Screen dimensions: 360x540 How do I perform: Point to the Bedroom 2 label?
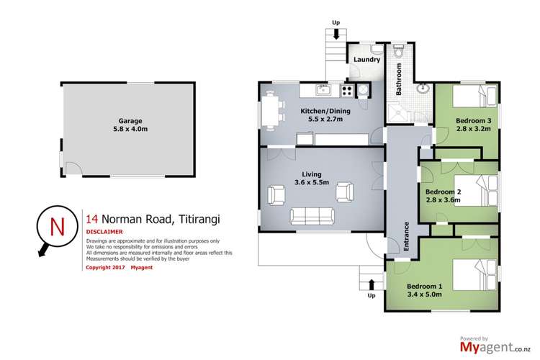(x=443, y=192)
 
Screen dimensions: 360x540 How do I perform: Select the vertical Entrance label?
(x=407, y=235)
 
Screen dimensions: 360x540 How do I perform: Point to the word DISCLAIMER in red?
(x=104, y=232)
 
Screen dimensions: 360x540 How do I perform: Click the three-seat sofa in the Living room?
(x=312, y=216)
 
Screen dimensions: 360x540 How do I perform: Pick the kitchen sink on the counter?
(x=325, y=90)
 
